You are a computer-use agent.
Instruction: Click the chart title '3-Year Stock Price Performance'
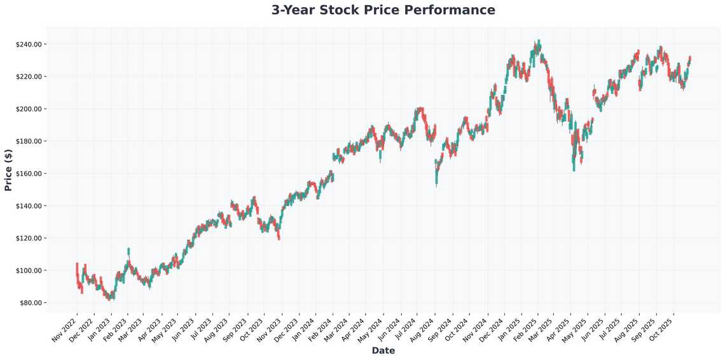coord(383,10)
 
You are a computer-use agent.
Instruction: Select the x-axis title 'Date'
coord(383,350)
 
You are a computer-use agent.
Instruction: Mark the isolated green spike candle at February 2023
coord(128,251)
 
